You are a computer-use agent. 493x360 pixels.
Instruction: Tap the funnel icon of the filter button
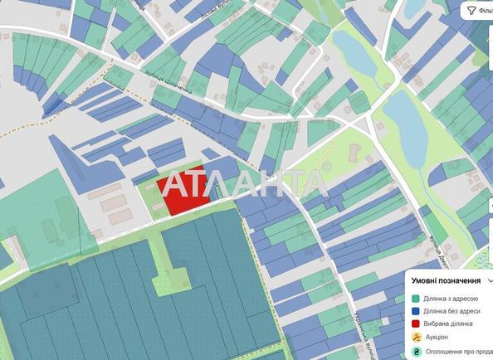pyautogui.click(x=471, y=10)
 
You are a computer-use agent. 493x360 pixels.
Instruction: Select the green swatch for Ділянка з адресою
pyautogui.click(x=416, y=297)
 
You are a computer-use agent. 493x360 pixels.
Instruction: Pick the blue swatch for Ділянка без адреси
pyautogui.click(x=416, y=310)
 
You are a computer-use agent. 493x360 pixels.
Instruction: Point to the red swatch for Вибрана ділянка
pyautogui.click(x=416, y=324)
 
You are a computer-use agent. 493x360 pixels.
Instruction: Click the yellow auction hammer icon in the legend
pyautogui.click(x=416, y=337)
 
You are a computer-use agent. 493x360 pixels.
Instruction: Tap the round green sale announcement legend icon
pyautogui.click(x=416, y=352)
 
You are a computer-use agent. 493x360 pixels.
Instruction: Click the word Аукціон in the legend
pyautogui.click(x=437, y=337)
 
